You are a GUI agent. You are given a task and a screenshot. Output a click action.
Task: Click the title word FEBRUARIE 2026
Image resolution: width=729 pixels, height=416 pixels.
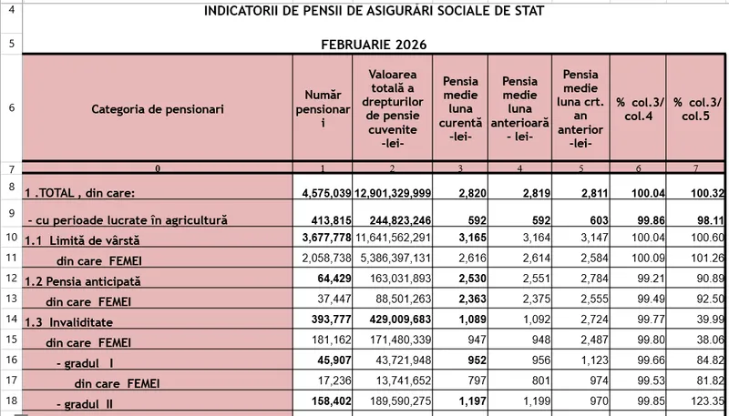[374, 45]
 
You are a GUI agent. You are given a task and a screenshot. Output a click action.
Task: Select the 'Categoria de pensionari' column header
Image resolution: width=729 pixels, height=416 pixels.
[158, 108]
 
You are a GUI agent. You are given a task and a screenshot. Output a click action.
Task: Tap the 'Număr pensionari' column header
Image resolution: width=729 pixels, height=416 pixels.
[323, 108]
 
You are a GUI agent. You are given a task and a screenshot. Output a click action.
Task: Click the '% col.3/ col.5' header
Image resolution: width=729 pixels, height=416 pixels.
[696, 108]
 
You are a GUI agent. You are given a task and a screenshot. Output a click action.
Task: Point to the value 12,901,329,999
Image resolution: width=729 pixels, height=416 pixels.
[392, 193]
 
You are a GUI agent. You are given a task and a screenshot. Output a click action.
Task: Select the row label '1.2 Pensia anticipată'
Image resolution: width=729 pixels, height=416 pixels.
[83, 281]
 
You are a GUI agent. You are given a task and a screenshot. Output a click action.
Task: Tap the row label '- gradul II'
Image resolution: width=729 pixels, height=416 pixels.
[87, 401]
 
